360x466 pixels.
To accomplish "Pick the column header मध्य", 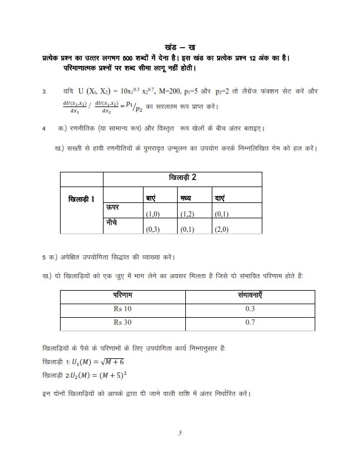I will [187, 198].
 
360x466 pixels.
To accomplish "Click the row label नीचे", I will [113, 224].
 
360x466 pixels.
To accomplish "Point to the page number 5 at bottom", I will [181, 434].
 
